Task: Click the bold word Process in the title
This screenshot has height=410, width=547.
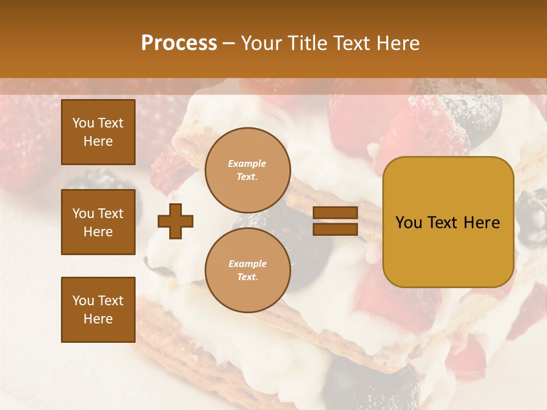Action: [179, 43]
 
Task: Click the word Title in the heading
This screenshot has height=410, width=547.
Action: [308, 43]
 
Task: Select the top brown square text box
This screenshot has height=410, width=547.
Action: [98, 132]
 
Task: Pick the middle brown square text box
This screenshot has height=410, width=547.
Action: [98, 222]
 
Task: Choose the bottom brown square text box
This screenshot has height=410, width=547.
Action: [98, 310]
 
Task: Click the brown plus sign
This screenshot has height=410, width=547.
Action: [175, 221]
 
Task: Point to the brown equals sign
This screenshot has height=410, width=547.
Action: [335, 221]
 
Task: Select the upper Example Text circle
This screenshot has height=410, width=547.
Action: [247, 170]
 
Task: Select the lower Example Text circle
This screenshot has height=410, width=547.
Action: [247, 270]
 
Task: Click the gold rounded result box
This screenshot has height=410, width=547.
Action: [448, 222]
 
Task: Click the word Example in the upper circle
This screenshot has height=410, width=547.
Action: [247, 163]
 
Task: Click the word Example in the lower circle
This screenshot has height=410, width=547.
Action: [247, 264]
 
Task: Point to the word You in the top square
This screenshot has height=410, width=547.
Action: [83, 123]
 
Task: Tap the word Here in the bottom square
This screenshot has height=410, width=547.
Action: [98, 319]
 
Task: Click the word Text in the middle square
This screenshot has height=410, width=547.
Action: [111, 214]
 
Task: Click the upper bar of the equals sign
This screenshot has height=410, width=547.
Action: [335, 213]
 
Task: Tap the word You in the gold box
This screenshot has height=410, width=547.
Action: [409, 223]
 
